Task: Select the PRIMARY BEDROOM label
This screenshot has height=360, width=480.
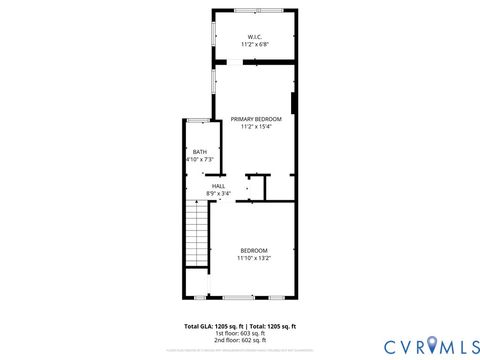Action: coord(256,118)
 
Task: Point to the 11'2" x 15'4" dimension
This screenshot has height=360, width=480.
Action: coord(256,126)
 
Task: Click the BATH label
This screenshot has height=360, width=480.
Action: coord(200,152)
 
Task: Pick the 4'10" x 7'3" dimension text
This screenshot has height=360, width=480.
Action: coord(200,160)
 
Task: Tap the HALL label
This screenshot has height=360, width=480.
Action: coord(218,185)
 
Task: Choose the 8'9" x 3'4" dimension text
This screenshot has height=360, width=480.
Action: coord(218,193)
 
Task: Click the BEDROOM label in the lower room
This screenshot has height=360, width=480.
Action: coord(254,250)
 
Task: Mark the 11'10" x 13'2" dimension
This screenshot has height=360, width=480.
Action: coord(254,258)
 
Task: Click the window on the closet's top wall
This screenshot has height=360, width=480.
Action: coord(256,10)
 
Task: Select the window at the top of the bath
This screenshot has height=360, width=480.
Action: coord(201,120)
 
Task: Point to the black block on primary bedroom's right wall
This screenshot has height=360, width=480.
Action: coord(293,103)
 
